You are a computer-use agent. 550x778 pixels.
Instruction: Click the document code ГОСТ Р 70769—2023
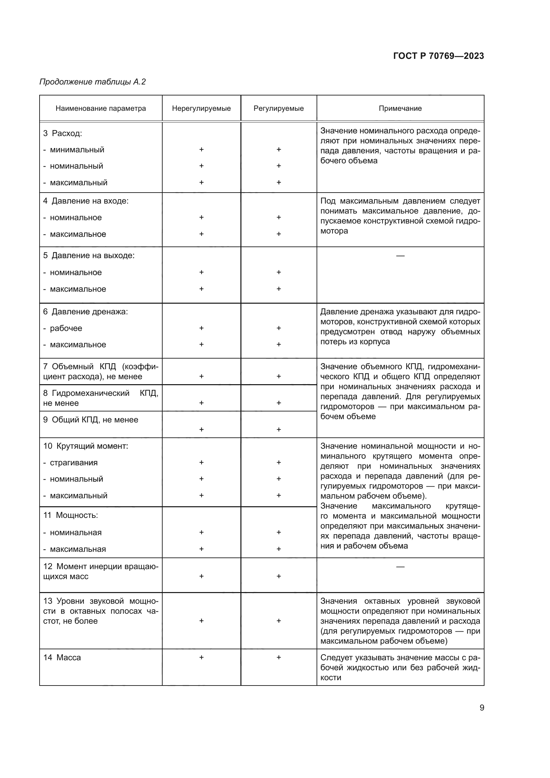point(438,56)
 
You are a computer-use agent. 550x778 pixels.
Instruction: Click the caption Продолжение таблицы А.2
point(92,82)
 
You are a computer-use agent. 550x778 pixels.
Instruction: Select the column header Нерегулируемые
point(201,108)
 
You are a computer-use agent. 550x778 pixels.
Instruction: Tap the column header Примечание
point(400,108)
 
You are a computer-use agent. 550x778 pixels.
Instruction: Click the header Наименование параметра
point(100,108)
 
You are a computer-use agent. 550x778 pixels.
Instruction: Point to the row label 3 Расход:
point(63,133)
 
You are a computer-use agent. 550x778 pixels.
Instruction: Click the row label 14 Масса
point(62,658)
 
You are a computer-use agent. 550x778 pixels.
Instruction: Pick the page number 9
point(481,708)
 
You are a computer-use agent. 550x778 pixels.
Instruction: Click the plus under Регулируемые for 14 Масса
point(279,657)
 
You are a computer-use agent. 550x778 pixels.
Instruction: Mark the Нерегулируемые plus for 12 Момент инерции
point(201,576)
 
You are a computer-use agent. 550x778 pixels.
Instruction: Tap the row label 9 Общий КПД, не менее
point(90,420)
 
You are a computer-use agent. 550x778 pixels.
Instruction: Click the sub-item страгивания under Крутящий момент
point(73,463)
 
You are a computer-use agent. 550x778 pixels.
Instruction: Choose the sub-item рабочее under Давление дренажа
point(66,328)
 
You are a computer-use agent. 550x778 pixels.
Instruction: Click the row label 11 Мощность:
point(70,515)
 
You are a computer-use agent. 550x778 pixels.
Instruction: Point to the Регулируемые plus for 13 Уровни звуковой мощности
point(279,621)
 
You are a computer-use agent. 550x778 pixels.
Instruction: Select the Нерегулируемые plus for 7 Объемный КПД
point(201,376)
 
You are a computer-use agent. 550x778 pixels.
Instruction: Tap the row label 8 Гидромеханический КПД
point(100,398)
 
